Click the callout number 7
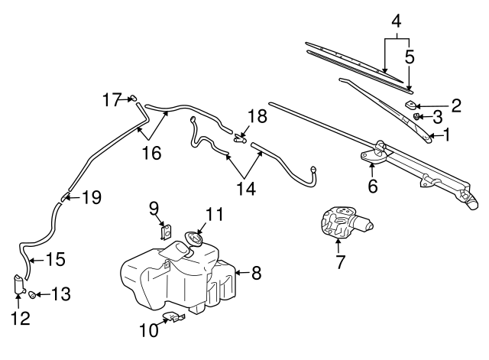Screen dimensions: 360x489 [x=340, y=261]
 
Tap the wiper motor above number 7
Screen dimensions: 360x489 [x=342, y=223]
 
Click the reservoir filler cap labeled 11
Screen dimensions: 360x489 [x=193, y=240]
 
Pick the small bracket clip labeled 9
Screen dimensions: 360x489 [x=165, y=231]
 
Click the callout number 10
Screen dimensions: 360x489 [x=147, y=329]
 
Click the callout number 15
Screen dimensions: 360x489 [x=57, y=259]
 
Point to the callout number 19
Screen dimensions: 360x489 [x=91, y=198]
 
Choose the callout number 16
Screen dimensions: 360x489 [x=151, y=152]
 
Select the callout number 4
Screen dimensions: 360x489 [x=396, y=21]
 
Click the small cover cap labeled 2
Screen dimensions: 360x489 [x=411, y=104]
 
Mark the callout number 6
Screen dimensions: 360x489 [x=372, y=185]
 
